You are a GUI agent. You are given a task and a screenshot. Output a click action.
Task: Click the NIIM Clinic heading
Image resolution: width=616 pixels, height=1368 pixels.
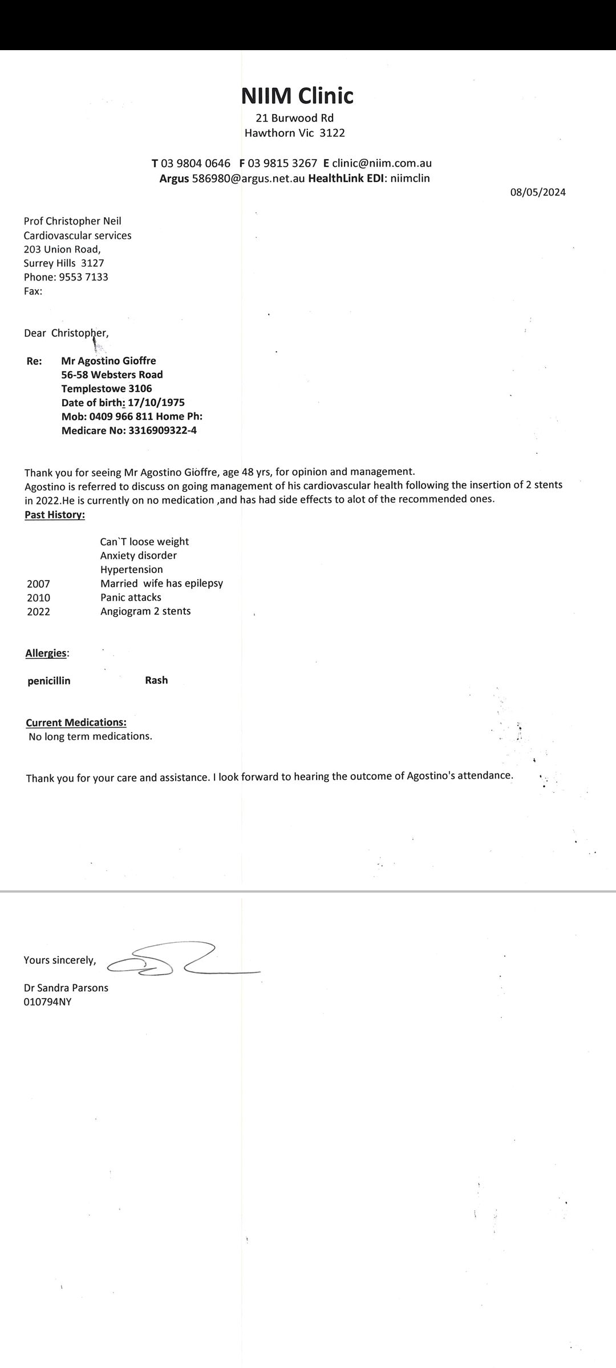coord(297,96)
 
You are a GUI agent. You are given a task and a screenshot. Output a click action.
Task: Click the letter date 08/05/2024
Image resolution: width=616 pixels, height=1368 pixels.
coord(537,192)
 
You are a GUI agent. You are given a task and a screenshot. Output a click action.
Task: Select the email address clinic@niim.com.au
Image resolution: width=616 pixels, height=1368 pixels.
coord(382,163)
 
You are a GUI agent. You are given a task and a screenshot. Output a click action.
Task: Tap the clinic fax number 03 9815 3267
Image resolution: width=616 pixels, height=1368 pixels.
coord(282,163)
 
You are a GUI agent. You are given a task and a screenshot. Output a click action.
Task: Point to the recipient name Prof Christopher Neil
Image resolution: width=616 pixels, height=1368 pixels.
coord(72,221)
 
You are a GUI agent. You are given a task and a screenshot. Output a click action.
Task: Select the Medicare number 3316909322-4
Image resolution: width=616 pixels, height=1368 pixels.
coord(163,430)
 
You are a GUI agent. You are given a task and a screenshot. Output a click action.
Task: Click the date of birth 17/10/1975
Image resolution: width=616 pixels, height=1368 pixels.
coord(156,402)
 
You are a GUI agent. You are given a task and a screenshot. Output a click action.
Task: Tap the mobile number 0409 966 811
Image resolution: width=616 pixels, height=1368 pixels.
coord(121,416)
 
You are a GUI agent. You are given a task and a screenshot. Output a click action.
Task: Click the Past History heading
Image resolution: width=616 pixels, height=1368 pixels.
coord(55,515)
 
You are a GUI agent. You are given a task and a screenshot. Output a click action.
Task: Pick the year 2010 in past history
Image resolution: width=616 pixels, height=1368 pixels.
coord(38,598)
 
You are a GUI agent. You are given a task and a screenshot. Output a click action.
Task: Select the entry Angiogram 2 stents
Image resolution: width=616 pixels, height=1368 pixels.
coord(145,611)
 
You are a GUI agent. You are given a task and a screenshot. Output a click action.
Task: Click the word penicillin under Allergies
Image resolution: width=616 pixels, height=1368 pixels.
coord(49,681)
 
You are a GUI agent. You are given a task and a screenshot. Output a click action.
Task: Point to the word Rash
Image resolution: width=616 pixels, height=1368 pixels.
coord(156,680)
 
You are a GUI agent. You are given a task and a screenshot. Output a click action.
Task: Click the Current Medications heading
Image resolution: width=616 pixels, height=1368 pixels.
coord(76,722)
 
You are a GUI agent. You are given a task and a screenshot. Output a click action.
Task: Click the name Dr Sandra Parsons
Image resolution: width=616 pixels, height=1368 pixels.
coord(66,988)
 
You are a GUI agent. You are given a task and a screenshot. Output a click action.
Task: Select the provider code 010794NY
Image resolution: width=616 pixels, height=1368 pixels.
coord(47,1001)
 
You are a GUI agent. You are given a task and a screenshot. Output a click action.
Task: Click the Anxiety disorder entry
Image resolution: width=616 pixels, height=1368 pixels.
coord(139,555)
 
